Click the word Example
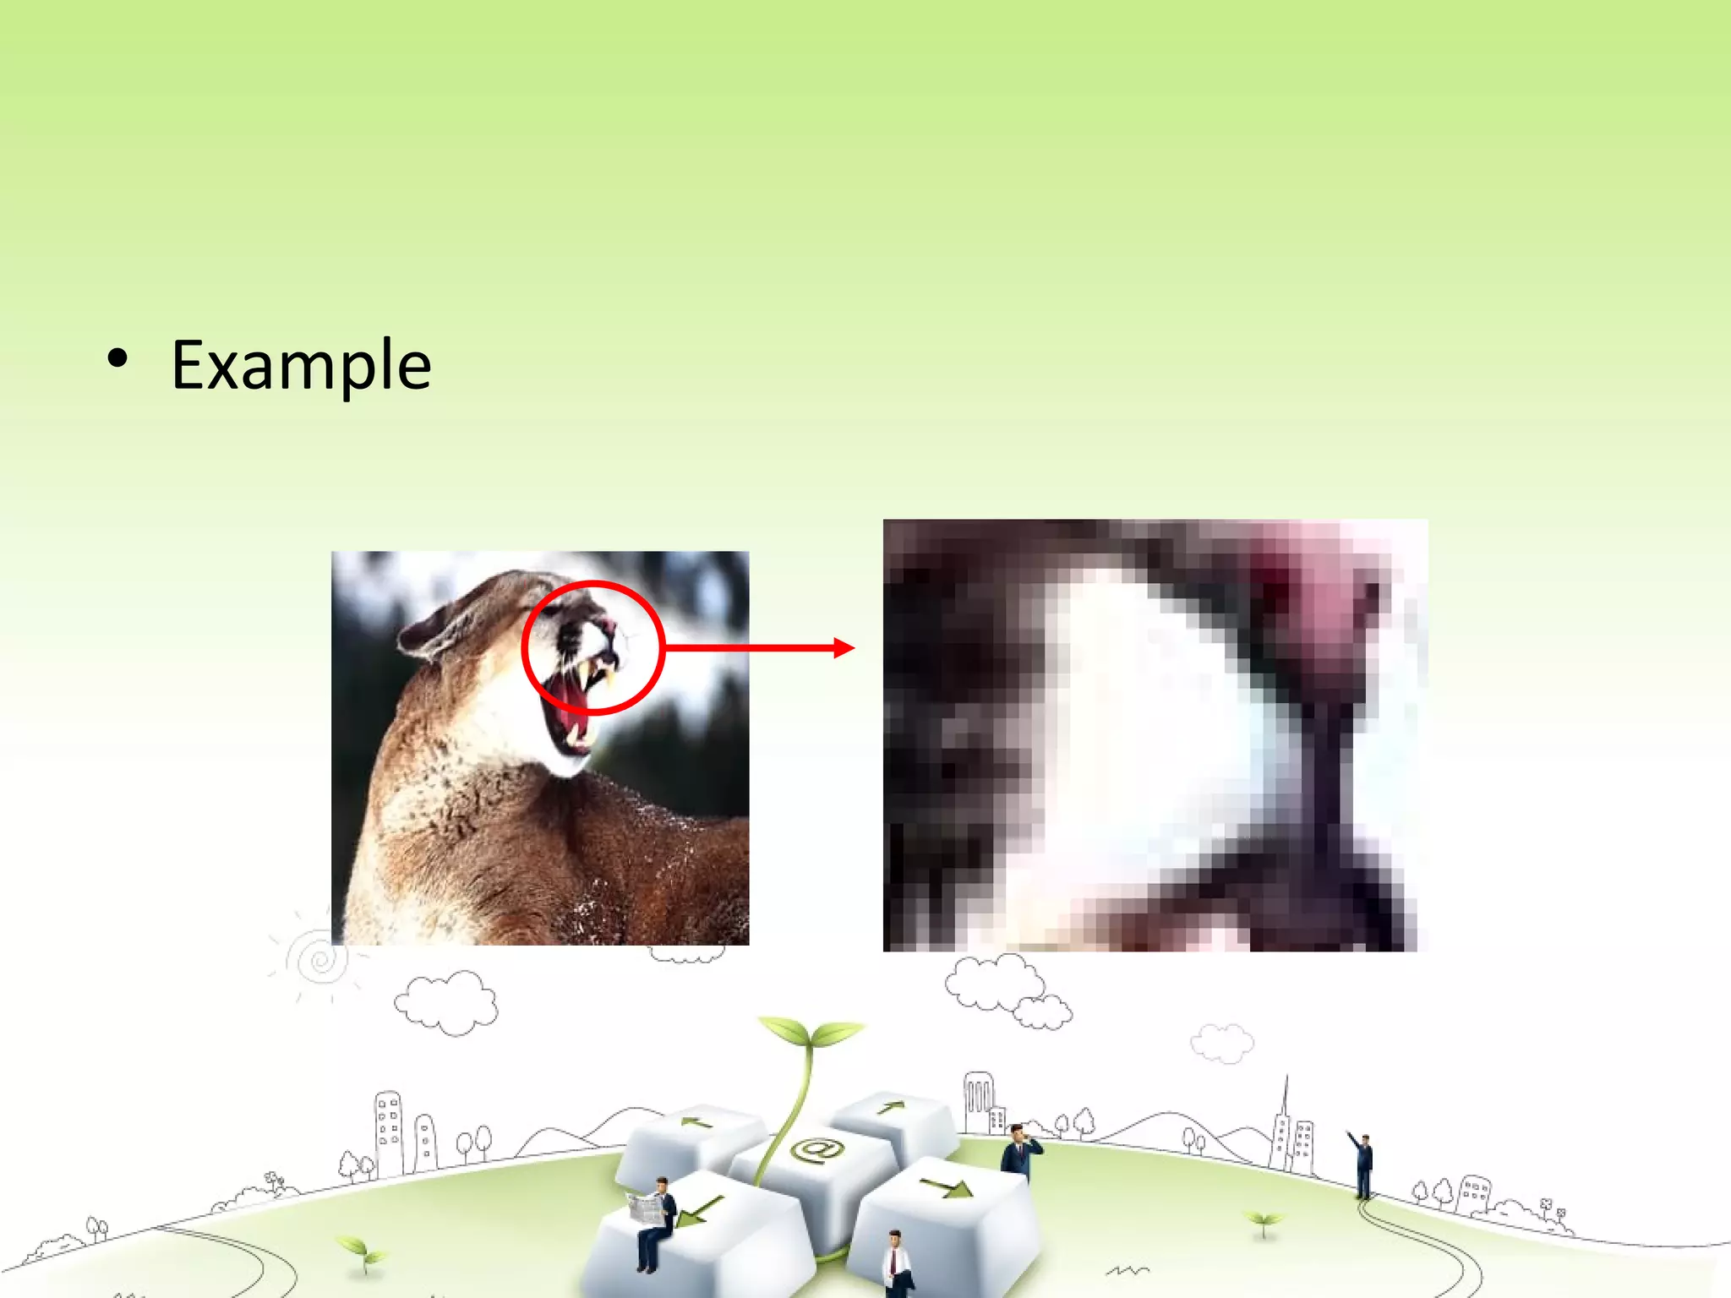(x=301, y=365)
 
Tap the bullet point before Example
(x=117, y=359)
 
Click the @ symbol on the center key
(x=816, y=1150)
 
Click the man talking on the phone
(x=1018, y=1150)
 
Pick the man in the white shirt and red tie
(x=896, y=1264)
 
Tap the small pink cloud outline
(x=1222, y=1043)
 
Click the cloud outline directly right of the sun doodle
(x=445, y=1002)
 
